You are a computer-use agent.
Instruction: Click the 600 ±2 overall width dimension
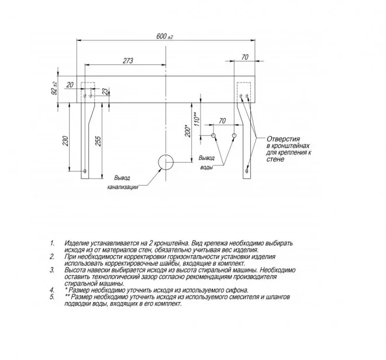165,36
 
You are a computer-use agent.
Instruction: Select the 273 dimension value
128,61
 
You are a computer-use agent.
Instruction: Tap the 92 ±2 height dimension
54,88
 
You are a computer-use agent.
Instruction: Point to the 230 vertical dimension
66,140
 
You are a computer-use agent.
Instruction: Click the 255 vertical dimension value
98,141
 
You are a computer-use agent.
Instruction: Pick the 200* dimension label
188,131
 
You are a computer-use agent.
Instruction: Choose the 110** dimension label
196,119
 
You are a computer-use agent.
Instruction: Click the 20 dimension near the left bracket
70,85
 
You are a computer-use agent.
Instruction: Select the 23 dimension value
105,92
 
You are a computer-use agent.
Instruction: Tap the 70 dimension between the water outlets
222,121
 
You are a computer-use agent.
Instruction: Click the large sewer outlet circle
166,162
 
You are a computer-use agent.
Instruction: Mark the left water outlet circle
213,135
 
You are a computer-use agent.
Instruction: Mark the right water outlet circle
234,135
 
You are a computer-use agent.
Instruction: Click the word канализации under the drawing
123,187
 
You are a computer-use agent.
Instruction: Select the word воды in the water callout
206,167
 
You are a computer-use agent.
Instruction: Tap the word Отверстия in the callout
283,139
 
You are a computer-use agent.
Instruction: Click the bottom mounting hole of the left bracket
85,171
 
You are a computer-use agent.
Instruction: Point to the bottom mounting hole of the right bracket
247,171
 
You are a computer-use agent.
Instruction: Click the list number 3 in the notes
52,270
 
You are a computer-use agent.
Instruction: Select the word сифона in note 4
238,290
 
